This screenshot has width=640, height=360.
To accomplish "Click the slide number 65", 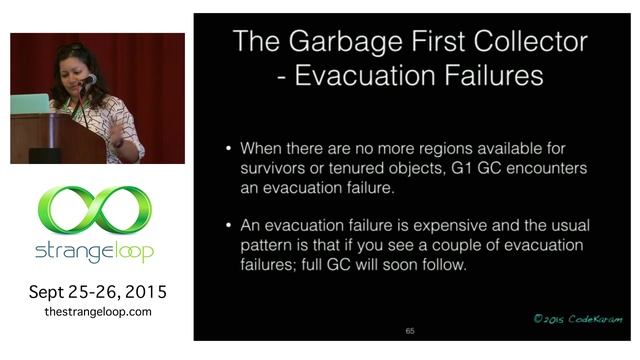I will pos(410,330).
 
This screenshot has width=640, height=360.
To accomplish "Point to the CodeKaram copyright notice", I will pos(577,319).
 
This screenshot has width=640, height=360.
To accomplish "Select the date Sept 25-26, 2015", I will pos(97,292).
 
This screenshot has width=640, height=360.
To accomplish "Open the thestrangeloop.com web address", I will pos(97,312).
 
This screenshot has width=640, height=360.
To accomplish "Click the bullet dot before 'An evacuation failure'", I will pos(231,227).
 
